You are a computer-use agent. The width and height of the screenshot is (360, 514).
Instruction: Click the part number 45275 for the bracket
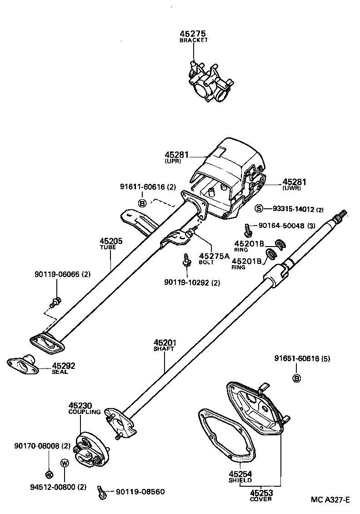click(x=193, y=34)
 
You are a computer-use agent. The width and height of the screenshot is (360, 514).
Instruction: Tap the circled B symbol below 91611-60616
click(x=142, y=203)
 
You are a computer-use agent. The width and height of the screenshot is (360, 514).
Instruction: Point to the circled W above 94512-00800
click(x=65, y=463)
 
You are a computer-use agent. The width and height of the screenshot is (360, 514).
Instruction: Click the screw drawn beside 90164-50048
click(x=248, y=230)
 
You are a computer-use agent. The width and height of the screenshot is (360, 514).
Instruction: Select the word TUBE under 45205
click(x=108, y=247)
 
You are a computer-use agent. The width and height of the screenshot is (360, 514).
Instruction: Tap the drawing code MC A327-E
click(x=330, y=500)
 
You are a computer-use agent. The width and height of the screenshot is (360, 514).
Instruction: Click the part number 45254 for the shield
click(x=240, y=474)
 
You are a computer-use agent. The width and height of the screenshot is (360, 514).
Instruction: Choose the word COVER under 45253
click(x=261, y=499)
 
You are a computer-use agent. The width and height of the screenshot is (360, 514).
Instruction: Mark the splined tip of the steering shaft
click(x=341, y=214)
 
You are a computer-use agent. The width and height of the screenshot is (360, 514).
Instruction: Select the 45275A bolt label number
click(x=214, y=256)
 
